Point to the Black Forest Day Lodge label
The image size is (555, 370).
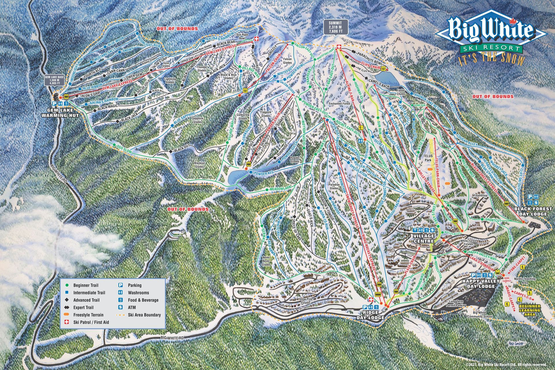click(533, 211)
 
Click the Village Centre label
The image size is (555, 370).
click(424, 239)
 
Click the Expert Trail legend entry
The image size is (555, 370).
click(83, 308)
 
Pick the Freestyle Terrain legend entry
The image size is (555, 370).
click(88, 315)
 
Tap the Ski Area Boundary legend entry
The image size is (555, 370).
click(144, 315)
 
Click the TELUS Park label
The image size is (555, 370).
click(428, 158)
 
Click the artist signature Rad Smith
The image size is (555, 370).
click(524, 343)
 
